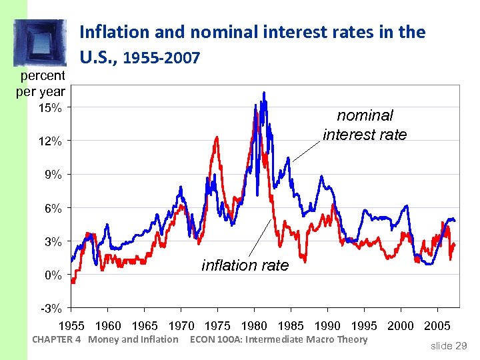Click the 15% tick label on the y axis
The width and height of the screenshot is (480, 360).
click(x=51, y=108)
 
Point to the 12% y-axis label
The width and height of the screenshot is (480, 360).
click(x=51, y=141)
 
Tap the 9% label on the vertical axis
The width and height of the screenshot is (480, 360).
click(x=53, y=175)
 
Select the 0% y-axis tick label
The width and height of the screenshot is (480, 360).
click(x=53, y=275)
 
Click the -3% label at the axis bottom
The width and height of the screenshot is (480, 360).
click(x=52, y=308)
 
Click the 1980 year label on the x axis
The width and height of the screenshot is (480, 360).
click(x=254, y=326)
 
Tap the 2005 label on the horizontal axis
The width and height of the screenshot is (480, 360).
click(x=437, y=326)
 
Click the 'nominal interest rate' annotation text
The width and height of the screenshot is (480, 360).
click(x=365, y=125)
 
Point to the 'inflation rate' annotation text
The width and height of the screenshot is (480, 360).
click(x=245, y=265)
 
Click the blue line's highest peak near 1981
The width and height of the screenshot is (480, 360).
click(x=265, y=93)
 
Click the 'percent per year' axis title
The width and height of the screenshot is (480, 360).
click(x=41, y=83)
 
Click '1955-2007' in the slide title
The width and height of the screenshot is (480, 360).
click(x=163, y=59)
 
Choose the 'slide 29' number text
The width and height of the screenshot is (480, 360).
click(x=449, y=345)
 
